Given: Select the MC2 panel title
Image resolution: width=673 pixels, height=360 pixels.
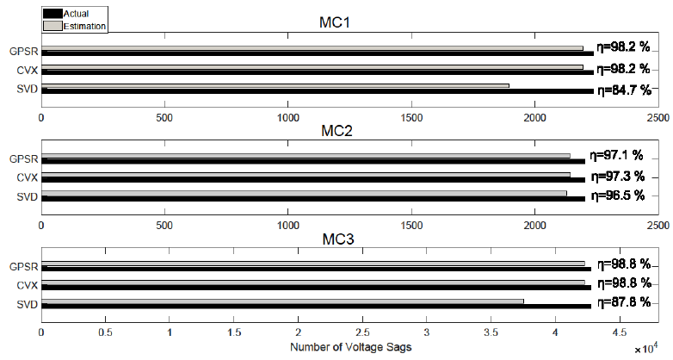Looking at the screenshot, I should (350, 132).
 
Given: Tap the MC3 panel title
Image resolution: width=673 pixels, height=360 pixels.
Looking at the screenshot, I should (350, 239).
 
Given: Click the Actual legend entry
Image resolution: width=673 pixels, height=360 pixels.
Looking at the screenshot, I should (75, 14).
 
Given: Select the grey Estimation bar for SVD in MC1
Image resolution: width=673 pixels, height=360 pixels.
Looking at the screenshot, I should (275, 85).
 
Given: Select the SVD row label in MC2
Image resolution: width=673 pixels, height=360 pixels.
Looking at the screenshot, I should (25, 198).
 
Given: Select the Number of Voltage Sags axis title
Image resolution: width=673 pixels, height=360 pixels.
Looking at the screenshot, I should (349, 347).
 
